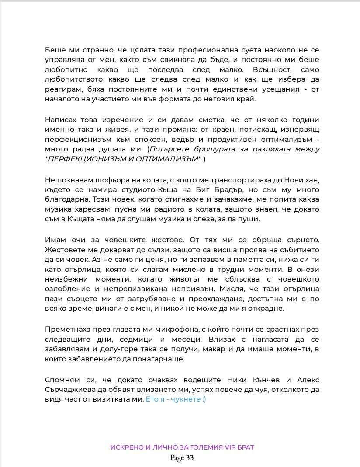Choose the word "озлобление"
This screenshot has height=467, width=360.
(65, 289)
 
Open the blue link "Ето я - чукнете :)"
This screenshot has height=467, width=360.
(176, 399)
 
